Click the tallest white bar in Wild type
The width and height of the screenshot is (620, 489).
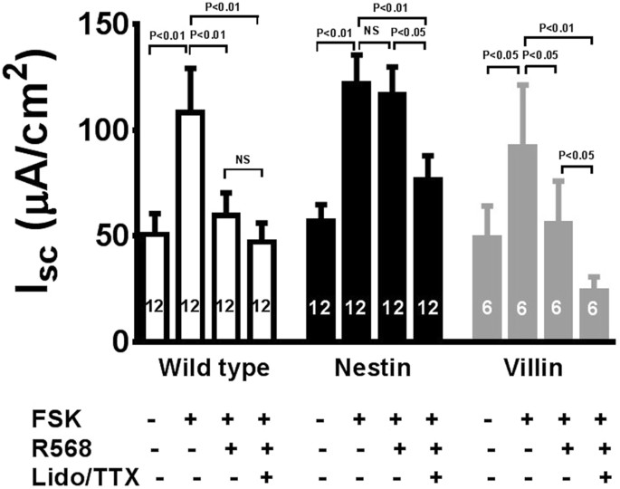click(x=189, y=226)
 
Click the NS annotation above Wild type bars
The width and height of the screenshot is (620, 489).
click(x=242, y=161)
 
